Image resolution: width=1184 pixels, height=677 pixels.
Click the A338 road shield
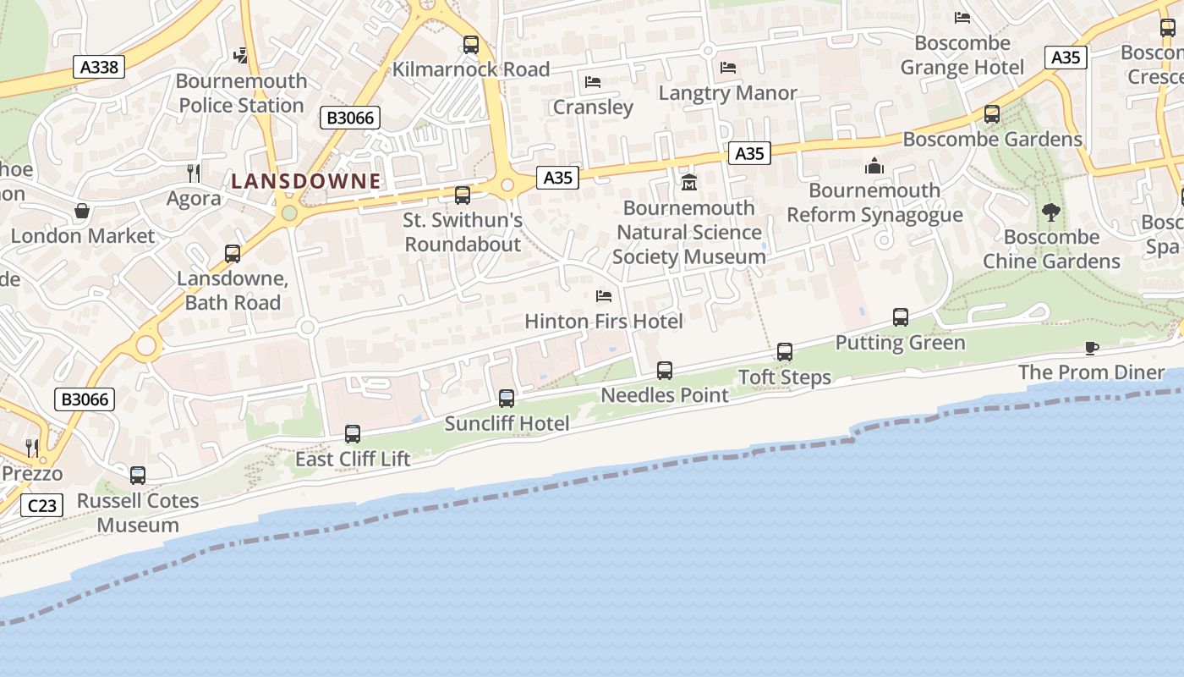tap(99, 67)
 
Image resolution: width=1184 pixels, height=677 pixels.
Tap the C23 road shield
tap(42, 506)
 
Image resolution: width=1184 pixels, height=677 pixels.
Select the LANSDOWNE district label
tap(306, 181)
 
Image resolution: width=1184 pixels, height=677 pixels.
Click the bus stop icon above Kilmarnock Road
tap(471, 45)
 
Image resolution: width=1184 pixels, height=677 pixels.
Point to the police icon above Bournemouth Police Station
tap(241, 56)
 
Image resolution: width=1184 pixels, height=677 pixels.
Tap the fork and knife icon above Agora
tap(194, 173)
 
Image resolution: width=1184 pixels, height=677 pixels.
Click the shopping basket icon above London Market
tap(82, 211)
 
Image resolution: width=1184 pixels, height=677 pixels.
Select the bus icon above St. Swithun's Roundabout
tap(463, 195)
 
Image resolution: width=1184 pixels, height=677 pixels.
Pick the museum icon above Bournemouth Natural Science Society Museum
tap(689, 182)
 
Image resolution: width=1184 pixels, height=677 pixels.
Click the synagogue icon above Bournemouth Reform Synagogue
tap(874, 166)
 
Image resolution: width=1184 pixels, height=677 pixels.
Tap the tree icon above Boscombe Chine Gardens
tap(1051, 212)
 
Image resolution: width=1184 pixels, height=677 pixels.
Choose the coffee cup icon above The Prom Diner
tap(1091, 348)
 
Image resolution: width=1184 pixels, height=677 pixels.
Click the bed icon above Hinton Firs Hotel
tap(604, 296)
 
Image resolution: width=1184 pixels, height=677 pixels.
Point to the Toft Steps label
tap(785, 377)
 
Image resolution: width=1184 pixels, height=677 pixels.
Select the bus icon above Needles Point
tap(665, 371)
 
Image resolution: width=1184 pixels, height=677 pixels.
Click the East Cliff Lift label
tap(353, 460)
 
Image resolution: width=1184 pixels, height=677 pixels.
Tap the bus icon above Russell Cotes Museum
tap(138, 476)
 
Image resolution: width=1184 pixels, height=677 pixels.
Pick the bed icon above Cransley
tap(593, 82)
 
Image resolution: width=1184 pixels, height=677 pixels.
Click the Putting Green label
tap(900, 343)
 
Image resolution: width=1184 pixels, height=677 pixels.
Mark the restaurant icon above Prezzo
tap(32, 448)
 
